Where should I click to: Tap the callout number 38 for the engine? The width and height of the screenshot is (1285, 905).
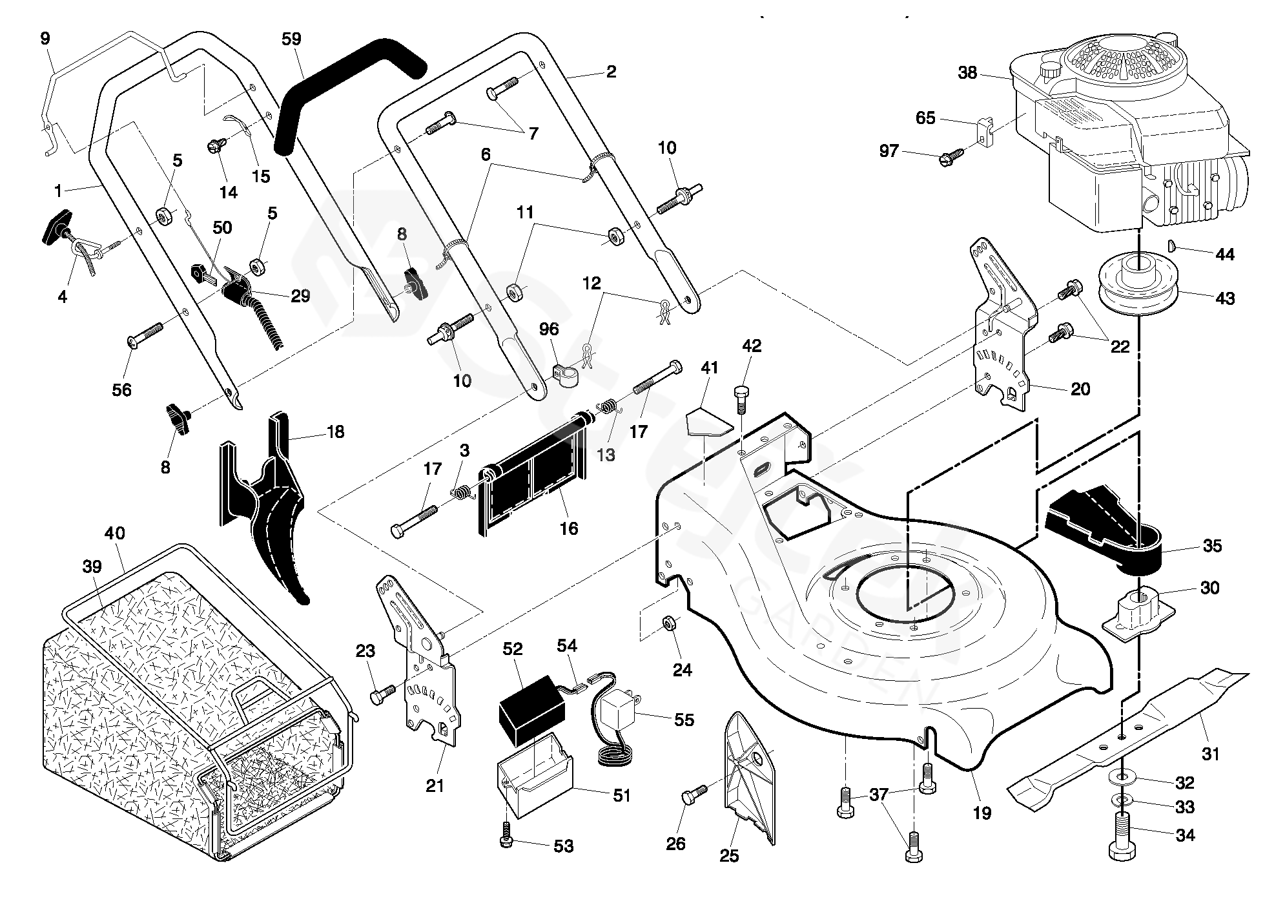pos(967,73)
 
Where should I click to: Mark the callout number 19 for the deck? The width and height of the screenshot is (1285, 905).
pos(982,813)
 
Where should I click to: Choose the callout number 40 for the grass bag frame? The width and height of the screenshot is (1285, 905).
pos(115,534)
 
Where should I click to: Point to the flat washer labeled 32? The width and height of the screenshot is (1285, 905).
pos(1124,779)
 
